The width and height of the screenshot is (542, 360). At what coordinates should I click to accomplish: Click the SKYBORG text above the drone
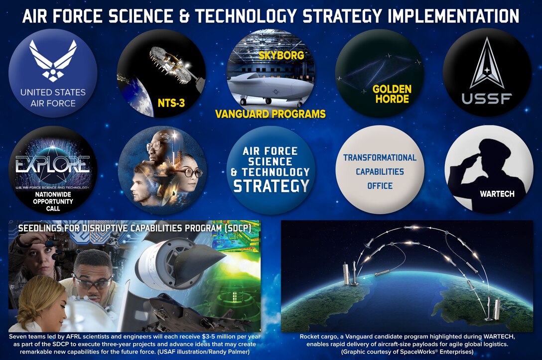281,55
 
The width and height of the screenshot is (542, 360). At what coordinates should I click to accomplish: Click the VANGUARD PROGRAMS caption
270,114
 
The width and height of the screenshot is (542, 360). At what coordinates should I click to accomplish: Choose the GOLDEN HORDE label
392,94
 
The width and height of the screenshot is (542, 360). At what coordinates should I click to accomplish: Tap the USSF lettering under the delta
486,99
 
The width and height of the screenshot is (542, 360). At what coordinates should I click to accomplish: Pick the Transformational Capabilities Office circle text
380,171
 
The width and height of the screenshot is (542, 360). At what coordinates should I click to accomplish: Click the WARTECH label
497,194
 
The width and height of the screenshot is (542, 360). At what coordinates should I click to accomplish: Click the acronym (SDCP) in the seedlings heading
233,228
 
